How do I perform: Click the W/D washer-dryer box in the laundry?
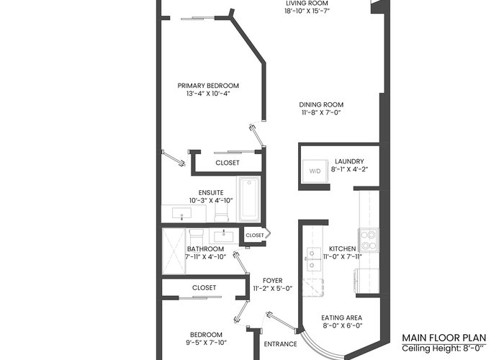click(315, 171)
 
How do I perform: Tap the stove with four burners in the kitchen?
click(369, 240)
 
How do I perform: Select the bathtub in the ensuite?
click(249, 199)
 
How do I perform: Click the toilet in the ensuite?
click(221, 212)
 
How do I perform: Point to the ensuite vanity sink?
click(181, 213)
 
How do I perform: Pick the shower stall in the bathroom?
click(174, 251)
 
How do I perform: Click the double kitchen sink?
click(313, 258)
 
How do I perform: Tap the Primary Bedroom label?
click(208, 86)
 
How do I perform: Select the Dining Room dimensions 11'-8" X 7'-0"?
click(321, 112)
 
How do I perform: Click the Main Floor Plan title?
click(444, 338)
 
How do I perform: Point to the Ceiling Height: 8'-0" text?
click(444, 348)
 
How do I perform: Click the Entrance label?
click(280, 344)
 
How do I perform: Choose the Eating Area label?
click(342, 318)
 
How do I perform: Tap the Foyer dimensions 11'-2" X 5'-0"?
click(273, 288)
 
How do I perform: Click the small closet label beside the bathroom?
click(255, 235)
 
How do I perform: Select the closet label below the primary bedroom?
click(228, 163)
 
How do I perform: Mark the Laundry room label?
click(349, 161)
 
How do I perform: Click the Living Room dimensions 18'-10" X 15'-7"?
click(307, 11)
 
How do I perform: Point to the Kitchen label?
click(342, 249)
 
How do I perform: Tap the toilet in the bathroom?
click(197, 237)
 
